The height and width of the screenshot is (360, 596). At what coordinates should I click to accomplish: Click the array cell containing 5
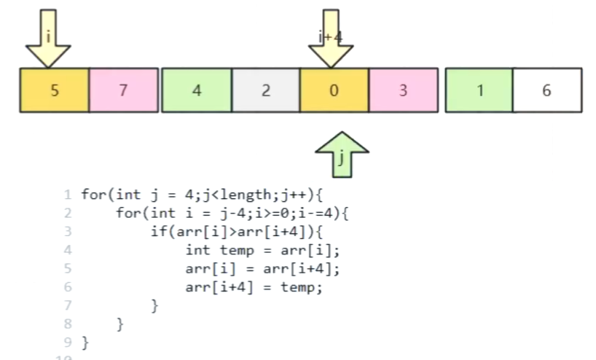click(54, 90)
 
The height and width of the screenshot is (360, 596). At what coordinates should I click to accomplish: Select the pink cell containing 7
click(124, 90)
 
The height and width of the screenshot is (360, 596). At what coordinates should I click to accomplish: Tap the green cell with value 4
click(196, 90)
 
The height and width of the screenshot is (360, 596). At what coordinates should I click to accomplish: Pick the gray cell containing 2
click(265, 90)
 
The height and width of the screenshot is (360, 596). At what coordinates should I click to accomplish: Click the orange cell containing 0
click(334, 90)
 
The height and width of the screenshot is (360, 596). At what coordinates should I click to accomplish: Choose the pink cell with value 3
click(403, 90)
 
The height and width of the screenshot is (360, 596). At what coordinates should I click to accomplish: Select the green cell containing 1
click(479, 90)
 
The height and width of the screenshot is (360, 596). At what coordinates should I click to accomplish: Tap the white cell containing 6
click(547, 90)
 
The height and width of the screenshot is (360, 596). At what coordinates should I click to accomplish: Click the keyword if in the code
click(156, 232)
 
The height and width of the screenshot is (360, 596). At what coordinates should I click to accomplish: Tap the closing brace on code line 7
click(154, 305)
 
